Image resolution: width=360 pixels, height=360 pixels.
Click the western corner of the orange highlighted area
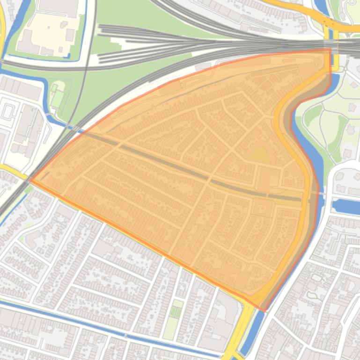click(31, 180)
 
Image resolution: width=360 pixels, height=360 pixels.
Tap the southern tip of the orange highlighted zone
click(264, 311)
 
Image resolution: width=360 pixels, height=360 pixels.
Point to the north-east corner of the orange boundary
click(331, 49)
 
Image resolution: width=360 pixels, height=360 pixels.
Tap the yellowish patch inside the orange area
click(258, 155)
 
